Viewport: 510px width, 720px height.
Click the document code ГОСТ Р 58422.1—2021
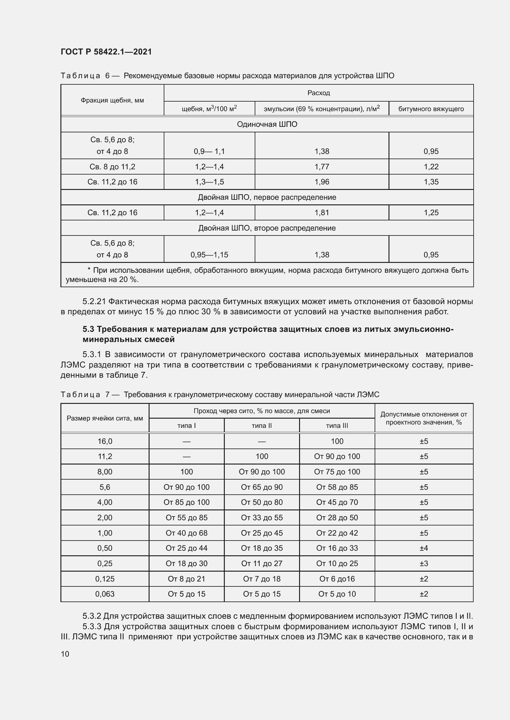[x=106, y=52]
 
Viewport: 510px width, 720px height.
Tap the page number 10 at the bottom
[x=65, y=654]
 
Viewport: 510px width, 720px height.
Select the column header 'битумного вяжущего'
[x=431, y=109]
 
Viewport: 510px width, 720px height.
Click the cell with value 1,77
[x=322, y=167]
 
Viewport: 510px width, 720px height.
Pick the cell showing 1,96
[x=322, y=182]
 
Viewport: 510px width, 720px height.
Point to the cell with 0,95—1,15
[x=209, y=255]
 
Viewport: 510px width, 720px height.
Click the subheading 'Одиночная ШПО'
[x=267, y=124]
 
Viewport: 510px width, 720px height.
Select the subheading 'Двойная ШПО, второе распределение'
[x=267, y=228]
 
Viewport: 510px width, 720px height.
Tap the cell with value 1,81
[x=322, y=213]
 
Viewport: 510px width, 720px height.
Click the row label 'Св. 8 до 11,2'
[x=112, y=167]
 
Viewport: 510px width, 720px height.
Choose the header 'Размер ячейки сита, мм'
[x=105, y=418]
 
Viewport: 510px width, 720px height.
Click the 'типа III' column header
[x=337, y=425]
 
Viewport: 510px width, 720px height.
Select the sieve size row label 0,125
[x=105, y=579]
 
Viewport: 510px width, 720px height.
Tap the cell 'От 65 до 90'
[x=261, y=487]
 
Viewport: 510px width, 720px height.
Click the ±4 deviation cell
[x=424, y=548]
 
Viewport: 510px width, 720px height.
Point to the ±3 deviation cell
[x=424, y=563]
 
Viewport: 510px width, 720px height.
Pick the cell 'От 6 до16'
[x=337, y=579]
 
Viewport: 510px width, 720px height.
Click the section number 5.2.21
[x=94, y=301]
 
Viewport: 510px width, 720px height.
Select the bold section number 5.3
[x=88, y=329]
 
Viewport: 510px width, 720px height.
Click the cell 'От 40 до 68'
[x=187, y=533]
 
